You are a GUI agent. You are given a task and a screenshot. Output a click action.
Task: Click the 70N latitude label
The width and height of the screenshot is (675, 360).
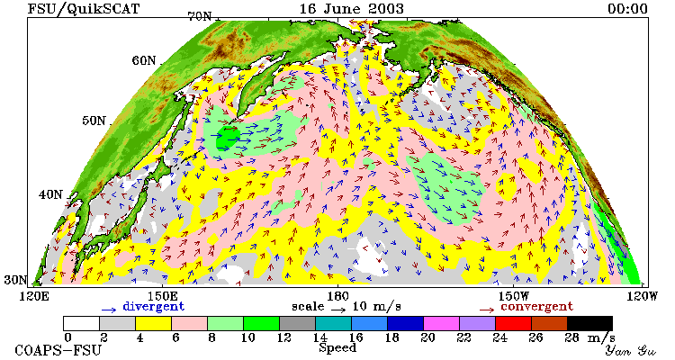click(200, 17)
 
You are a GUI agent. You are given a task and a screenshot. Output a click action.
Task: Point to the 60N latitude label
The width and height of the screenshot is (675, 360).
click(144, 60)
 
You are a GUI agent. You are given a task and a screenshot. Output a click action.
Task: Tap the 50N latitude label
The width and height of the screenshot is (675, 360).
click(94, 121)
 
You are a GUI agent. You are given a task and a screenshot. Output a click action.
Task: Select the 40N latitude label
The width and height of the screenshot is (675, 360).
click(50, 194)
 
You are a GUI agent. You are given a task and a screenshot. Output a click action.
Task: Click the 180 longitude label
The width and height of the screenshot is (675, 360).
click(337, 296)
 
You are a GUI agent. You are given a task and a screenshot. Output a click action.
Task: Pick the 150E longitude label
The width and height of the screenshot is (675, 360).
click(162, 296)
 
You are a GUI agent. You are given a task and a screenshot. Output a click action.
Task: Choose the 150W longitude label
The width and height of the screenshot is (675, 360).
click(514, 296)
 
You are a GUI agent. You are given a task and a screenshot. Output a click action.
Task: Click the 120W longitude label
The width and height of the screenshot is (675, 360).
click(640, 296)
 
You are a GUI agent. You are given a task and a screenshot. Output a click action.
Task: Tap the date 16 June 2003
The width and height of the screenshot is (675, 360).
click(352, 8)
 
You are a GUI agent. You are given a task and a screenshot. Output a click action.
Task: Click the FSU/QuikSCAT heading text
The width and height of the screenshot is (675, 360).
click(84, 9)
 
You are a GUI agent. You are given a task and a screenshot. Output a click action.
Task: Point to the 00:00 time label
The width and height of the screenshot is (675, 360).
click(627, 9)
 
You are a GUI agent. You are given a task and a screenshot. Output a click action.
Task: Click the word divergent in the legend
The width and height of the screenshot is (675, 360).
click(154, 307)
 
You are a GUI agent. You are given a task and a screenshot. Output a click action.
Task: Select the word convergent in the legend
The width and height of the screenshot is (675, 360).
click(536, 307)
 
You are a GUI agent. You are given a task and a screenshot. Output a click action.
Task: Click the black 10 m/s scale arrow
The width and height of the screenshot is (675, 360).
click(338, 309)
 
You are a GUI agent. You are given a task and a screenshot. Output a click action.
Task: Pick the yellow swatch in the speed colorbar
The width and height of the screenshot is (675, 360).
click(153, 323)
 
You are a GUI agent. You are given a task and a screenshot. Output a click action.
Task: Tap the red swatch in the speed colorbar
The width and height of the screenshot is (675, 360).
click(513, 323)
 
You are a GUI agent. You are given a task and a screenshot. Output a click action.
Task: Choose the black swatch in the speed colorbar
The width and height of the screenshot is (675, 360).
click(589, 323)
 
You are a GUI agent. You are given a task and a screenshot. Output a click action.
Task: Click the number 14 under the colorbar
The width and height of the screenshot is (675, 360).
click(319, 337)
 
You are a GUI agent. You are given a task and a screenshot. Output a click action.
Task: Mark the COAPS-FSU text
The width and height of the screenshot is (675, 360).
click(58, 350)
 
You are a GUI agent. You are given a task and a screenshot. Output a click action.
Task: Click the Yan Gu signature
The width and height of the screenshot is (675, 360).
click(630, 350)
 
